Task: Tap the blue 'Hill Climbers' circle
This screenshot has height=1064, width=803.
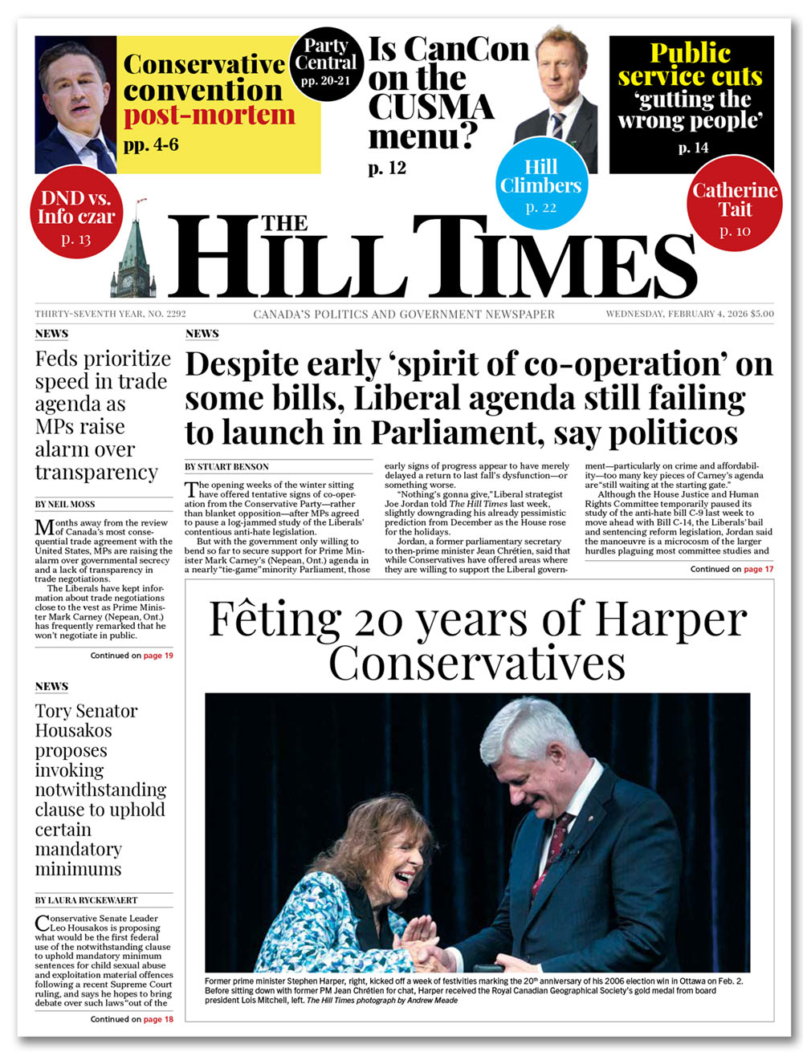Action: pyautogui.click(x=540, y=185)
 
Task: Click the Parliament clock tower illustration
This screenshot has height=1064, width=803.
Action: pyautogui.click(x=137, y=253)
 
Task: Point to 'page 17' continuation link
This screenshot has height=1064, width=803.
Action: pyautogui.click(x=759, y=569)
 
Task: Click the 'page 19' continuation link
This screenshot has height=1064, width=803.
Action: pyautogui.click(x=158, y=656)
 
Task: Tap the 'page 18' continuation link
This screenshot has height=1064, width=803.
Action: pyautogui.click(x=158, y=1019)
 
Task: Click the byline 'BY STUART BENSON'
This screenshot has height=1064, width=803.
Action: pyautogui.click(x=226, y=466)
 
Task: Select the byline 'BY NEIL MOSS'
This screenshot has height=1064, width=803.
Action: pyautogui.click(x=65, y=504)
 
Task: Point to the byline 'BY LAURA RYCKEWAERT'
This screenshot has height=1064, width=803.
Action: pyautogui.click(x=86, y=900)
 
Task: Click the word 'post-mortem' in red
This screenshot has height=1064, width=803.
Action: pyautogui.click(x=209, y=116)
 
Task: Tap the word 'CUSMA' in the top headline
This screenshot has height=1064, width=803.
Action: pyautogui.click(x=431, y=107)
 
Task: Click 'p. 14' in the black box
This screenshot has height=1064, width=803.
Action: pyautogui.click(x=693, y=148)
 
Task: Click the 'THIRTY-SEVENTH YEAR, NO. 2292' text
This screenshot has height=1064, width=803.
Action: pyautogui.click(x=110, y=314)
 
